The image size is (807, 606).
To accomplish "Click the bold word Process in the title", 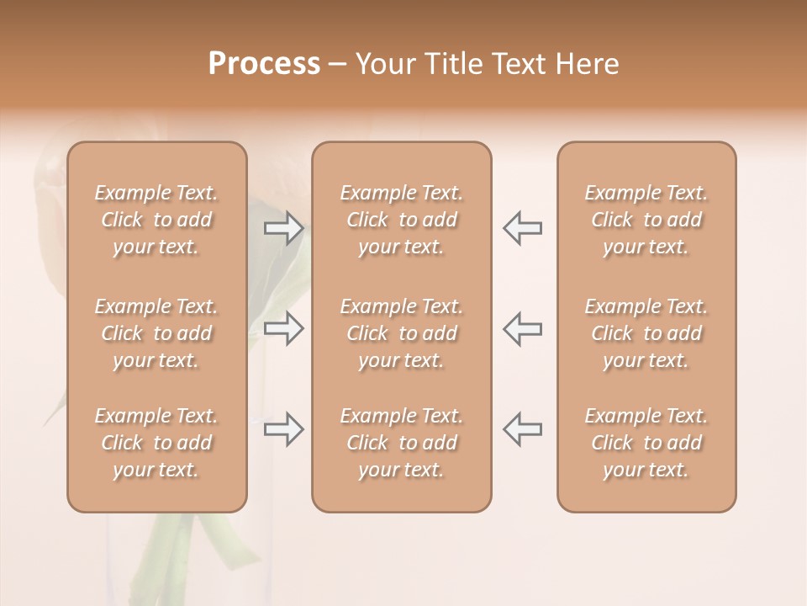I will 264,64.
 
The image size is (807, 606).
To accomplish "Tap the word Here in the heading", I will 588,64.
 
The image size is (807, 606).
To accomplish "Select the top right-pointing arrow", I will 283,228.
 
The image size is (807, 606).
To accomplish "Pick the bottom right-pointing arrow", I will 283,428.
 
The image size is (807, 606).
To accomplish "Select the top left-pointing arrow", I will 523,228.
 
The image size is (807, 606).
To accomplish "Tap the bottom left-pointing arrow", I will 523,428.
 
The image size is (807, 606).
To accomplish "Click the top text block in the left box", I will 156,220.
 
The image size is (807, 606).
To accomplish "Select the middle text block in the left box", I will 156,333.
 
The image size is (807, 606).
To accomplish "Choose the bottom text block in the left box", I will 156,443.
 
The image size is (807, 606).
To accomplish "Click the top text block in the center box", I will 401,220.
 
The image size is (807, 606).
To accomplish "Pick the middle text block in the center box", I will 401,333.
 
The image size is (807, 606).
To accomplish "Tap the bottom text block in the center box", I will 401,443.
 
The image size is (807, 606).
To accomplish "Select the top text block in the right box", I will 646,220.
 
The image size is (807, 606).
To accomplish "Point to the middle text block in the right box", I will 646,333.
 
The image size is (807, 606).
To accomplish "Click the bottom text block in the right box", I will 646,443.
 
